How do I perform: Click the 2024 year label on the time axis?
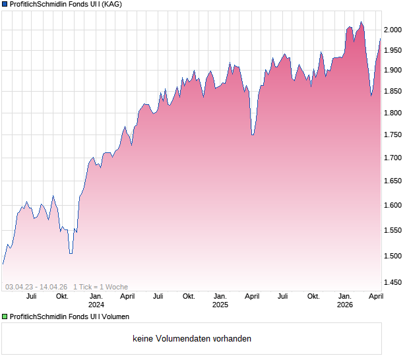point(96,305)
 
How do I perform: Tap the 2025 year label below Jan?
point(220,305)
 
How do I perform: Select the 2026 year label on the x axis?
point(344,305)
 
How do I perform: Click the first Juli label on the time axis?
point(31,296)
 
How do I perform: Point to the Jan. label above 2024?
point(96,296)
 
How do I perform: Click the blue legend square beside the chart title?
point(5,4)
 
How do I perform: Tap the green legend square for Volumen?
point(5,317)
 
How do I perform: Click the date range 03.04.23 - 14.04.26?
point(36,287)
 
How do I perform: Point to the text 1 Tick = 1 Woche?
point(101,287)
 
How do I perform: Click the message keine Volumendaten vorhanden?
point(191,339)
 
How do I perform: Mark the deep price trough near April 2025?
point(253,135)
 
